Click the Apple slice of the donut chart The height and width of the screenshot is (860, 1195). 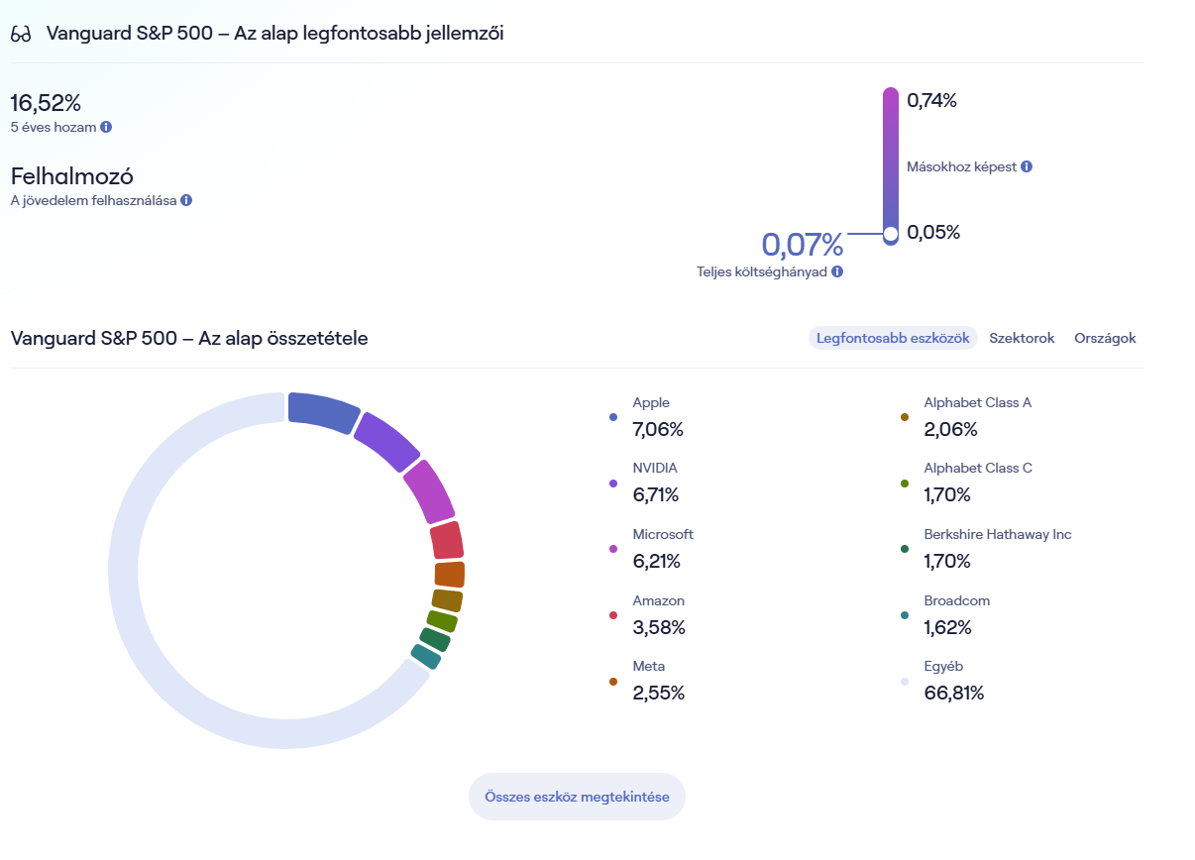pyautogui.click(x=322, y=411)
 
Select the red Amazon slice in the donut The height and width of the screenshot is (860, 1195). pyautogui.click(x=447, y=541)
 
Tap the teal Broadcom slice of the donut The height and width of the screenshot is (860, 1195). pyautogui.click(x=426, y=656)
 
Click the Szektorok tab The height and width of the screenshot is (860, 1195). pyautogui.click(x=1022, y=338)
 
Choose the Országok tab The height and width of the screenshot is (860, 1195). pyautogui.click(x=1105, y=338)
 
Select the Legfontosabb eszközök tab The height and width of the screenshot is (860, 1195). pyautogui.click(x=893, y=338)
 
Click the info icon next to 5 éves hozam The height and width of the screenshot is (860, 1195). pyautogui.click(x=106, y=127)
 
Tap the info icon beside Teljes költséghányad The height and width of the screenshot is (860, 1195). pyautogui.click(x=837, y=271)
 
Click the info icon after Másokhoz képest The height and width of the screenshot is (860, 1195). pyautogui.click(x=1027, y=166)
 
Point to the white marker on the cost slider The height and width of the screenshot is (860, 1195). pyautogui.click(x=890, y=234)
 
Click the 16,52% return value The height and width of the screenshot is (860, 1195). pyautogui.click(x=46, y=102)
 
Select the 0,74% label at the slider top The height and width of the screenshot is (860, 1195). pyautogui.click(x=931, y=100)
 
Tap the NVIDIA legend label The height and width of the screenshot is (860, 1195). pyautogui.click(x=655, y=468)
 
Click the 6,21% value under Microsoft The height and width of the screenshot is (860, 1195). pyautogui.click(x=656, y=561)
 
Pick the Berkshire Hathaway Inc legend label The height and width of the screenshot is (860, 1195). pyautogui.click(x=997, y=534)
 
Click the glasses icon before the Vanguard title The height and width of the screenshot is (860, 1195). pyautogui.click(x=21, y=34)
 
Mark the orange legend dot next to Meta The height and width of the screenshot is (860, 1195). pyautogui.click(x=613, y=682)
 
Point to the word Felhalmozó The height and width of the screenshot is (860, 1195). pyautogui.click(x=72, y=176)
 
